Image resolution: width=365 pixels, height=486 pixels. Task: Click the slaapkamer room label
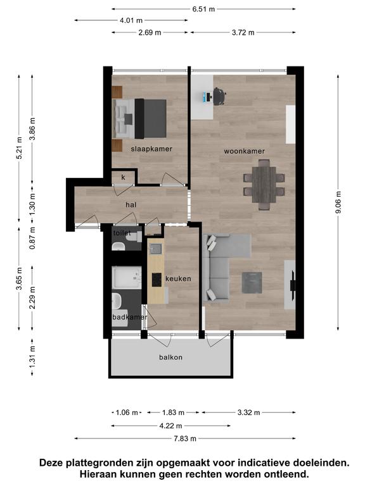point(151,149)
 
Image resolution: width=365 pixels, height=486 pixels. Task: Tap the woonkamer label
point(244,151)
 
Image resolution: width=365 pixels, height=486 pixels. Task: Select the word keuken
point(178,278)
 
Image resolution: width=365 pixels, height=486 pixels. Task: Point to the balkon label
point(170,358)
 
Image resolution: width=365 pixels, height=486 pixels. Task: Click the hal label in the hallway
point(131,204)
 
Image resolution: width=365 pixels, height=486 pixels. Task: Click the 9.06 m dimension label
point(338,202)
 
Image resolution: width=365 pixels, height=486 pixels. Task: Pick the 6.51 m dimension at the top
point(203,9)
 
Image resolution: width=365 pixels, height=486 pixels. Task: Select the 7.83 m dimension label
point(185,439)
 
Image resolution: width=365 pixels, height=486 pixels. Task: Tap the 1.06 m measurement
point(127,413)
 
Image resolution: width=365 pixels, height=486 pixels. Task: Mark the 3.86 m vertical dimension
point(32,128)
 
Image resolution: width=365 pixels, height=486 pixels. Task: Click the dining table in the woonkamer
point(264,185)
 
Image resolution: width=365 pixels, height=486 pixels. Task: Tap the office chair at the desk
point(219,96)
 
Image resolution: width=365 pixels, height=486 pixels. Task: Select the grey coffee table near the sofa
point(252,283)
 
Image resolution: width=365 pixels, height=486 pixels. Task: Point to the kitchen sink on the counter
point(155,249)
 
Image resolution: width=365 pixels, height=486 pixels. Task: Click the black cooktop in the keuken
point(157,280)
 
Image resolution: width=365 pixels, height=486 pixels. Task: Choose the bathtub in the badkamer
point(127,277)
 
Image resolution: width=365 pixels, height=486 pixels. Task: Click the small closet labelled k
point(124,177)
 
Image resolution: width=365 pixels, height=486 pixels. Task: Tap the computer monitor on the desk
point(205,97)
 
